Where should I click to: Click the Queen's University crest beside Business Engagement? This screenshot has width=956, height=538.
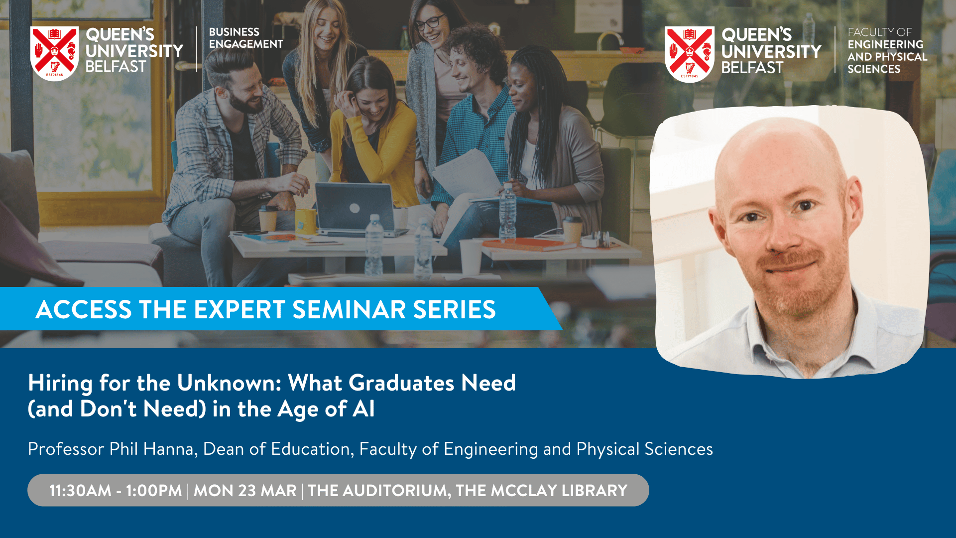55,53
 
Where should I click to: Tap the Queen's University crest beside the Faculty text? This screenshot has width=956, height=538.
690,54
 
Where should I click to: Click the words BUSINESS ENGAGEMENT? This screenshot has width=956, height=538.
246,38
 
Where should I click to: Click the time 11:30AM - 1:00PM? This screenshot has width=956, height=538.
116,491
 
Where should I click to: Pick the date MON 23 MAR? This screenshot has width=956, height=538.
245,491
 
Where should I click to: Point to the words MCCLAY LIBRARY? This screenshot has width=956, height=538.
559,491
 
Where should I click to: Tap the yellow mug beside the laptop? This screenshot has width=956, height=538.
306,221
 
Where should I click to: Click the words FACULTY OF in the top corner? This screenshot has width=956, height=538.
879,32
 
